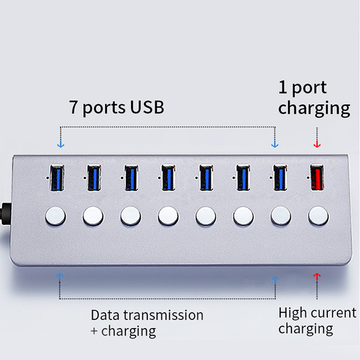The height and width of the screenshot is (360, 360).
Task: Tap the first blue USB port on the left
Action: [x=56, y=178]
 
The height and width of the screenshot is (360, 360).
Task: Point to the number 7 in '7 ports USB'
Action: [x=73, y=107]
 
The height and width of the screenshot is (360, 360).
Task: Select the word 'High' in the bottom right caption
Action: [x=293, y=313]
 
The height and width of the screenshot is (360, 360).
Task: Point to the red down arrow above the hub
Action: [x=317, y=144]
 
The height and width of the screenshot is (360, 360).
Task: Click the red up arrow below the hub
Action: [x=317, y=277]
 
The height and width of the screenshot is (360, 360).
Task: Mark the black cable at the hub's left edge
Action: [x=4, y=214]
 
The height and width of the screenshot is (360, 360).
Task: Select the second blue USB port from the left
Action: [x=93, y=178]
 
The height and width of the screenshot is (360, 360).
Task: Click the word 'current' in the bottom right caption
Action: [x=334, y=313]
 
